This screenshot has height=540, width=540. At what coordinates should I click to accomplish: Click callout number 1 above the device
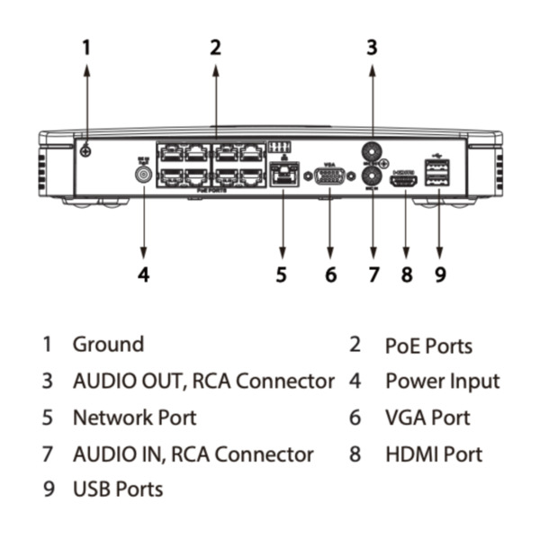click(x=86, y=47)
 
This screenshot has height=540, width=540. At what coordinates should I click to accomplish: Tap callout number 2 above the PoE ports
click(x=215, y=47)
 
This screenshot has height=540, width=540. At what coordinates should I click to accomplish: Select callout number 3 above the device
click(x=372, y=47)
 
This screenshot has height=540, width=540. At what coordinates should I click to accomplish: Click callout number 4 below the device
click(x=143, y=274)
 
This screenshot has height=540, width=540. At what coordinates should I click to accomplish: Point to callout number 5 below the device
click(x=282, y=274)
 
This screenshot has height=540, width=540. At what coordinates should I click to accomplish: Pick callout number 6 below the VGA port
click(x=330, y=274)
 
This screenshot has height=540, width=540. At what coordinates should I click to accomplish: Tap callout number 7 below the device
click(x=373, y=274)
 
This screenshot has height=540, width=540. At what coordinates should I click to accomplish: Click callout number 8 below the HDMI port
click(x=407, y=274)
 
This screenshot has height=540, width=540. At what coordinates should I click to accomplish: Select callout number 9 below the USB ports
click(x=440, y=274)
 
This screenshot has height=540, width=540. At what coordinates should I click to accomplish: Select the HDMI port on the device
click(x=404, y=181)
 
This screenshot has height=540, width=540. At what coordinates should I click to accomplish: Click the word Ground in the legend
click(x=108, y=344)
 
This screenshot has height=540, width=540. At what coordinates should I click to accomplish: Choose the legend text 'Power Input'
click(x=442, y=381)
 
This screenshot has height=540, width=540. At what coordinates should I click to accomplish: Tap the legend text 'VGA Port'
click(x=427, y=418)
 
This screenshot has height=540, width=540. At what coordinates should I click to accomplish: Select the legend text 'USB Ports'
click(x=118, y=490)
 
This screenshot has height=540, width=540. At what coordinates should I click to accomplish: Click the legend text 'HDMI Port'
click(x=434, y=454)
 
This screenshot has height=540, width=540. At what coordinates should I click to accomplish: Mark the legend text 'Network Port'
click(x=134, y=418)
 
